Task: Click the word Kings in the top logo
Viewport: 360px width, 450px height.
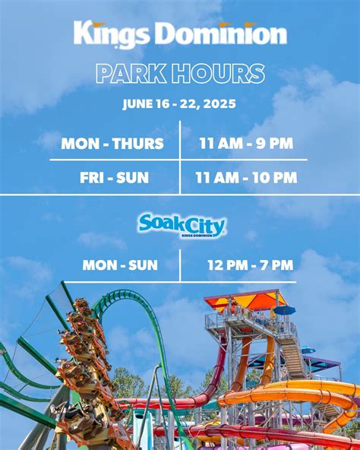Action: click(x=112, y=34)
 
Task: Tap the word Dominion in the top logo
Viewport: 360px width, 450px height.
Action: click(x=223, y=33)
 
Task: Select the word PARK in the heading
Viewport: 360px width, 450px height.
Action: click(x=131, y=74)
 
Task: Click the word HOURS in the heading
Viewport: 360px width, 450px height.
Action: click(x=218, y=74)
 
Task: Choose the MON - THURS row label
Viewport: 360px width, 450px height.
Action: click(x=112, y=144)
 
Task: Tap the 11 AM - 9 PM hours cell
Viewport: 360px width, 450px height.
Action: click(x=246, y=143)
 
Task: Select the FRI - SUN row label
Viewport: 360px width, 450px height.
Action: click(x=114, y=178)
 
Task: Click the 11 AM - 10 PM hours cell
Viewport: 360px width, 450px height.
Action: click(x=246, y=178)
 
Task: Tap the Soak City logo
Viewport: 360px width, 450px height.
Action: click(x=182, y=226)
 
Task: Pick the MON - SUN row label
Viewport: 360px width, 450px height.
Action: click(x=120, y=265)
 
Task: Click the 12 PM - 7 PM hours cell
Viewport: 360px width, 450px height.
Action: click(x=251, y=265)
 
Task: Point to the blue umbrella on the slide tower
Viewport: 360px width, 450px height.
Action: click(x=284, y=310)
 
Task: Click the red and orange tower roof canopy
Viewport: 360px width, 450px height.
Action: click(x=245, y=301)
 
